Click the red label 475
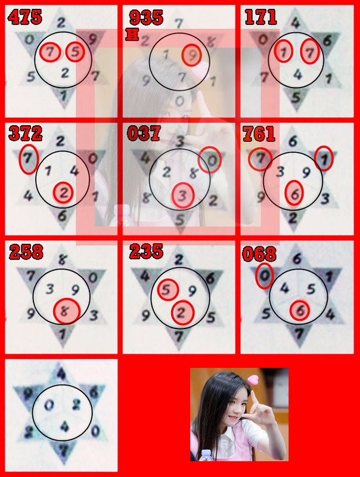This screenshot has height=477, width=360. click(x=25, y=16)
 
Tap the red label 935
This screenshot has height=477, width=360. click(x=146, y=17)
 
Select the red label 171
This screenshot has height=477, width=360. click(x=260, y=16)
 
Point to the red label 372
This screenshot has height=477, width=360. click(x=25, y=133)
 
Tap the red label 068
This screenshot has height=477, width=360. click(x=259, y=254)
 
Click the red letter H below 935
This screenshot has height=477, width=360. click(x=132, y=35)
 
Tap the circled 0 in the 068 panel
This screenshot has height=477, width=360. click(x=264, y=276)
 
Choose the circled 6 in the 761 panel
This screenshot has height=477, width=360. click(x=294, y=193)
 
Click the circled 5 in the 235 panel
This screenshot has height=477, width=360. click(x=169, y=290)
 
